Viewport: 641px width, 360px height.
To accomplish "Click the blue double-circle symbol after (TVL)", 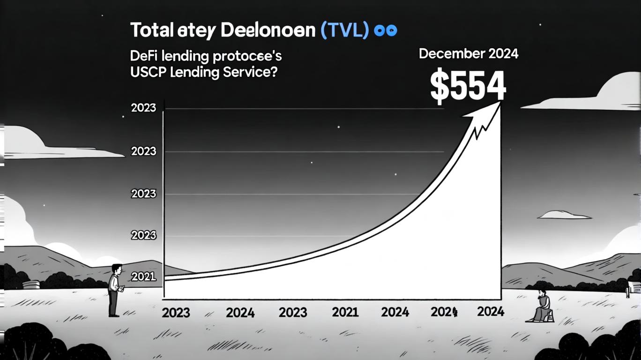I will [x=386, y=31].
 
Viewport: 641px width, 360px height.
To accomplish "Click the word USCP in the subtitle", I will [x=147, y=73].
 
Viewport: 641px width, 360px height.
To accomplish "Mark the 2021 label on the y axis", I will [x=143, y=277].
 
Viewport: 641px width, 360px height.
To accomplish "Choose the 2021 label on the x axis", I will [x=345, y=312].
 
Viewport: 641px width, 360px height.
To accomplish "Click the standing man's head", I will [x=117, y=270].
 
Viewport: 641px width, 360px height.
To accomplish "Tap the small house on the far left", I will [x=31, y=284].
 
